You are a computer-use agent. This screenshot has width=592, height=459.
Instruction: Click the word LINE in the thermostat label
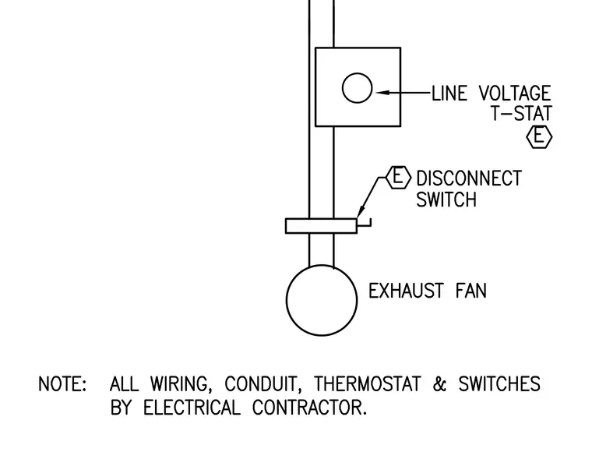[449, 94]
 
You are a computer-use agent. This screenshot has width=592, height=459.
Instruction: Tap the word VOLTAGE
[515, 94]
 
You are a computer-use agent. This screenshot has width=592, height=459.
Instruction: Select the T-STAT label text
[522, 113]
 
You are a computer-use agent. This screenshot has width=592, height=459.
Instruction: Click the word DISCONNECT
[469, 178]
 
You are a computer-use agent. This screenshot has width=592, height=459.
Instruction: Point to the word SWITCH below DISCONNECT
[446, 199]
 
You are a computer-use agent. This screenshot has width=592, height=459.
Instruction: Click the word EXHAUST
[406, 291]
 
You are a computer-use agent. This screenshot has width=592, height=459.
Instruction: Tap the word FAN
[471, 291]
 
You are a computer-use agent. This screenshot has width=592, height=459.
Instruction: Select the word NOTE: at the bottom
[62, 384]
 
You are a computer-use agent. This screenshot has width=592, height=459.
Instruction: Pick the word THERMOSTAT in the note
[367, 384]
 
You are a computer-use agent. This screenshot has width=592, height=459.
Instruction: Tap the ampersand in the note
[439, 384]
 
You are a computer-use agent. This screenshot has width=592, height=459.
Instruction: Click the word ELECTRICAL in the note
[192, 408]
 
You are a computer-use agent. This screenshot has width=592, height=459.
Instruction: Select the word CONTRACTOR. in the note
[309, 408]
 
